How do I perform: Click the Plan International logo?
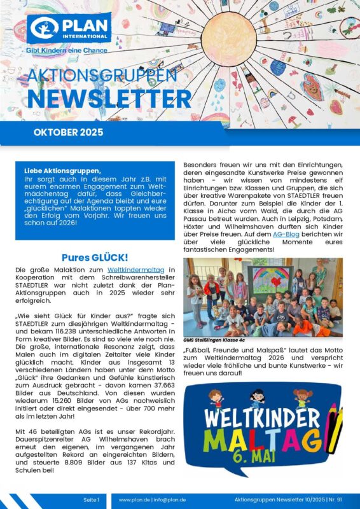point(60,29)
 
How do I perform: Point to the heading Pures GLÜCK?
point(95,258)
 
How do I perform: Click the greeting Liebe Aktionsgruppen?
point(62,171)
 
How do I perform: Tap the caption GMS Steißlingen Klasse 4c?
point(215,340)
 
